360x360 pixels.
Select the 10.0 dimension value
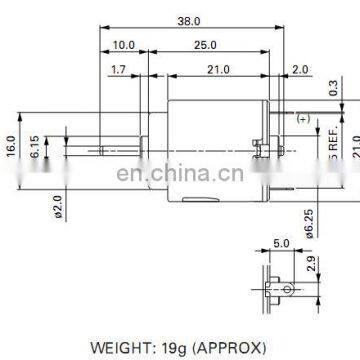[x=124, y=46]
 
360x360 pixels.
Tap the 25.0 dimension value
[x=204, y=46]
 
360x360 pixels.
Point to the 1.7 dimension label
[x=118, y=69]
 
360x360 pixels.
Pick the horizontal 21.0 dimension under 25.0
[x=217, y=69]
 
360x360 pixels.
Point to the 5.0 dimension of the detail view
[x=280, y=242]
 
